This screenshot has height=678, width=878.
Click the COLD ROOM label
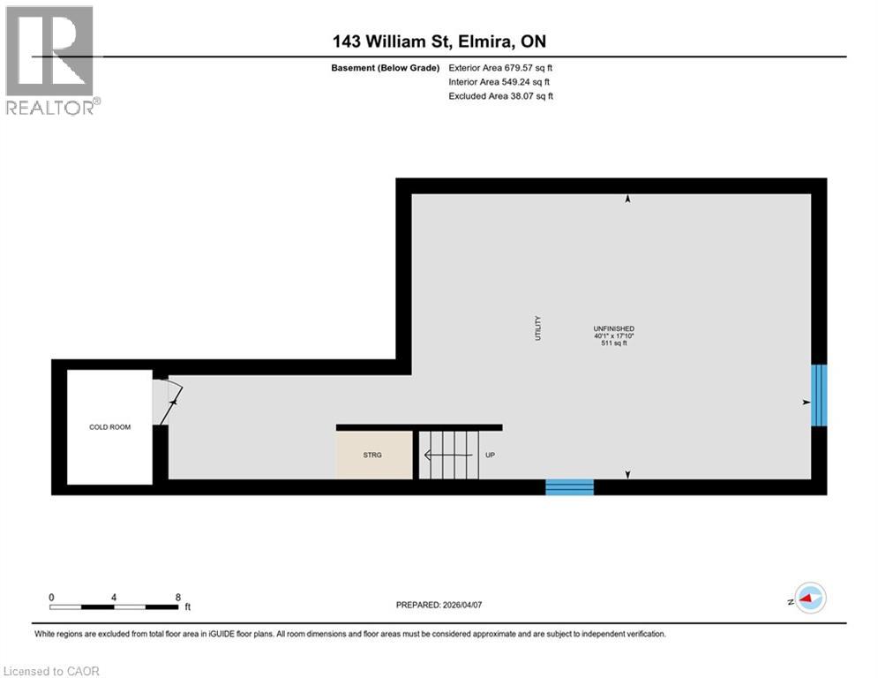point(110,427)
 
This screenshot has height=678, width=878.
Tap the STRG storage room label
point(373,456)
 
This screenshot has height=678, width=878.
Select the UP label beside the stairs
point(491,456)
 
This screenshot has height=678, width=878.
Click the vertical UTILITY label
point(537,329)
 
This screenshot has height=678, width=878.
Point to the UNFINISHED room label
point(614,328)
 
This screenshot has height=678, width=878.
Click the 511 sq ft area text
point(614,343)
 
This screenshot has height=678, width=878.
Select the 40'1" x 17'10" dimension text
point(614,335)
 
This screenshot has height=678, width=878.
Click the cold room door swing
point(168,402)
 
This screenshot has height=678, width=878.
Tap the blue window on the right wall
point(819,395)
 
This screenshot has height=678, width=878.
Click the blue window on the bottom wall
point(569,486)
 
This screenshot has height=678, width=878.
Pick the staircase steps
point(447,456)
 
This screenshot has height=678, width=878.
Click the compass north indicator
point(809,598)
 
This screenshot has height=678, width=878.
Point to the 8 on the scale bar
point(178,597)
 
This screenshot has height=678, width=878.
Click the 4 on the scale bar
point(115,597)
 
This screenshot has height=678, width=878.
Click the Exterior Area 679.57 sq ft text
point(500,67)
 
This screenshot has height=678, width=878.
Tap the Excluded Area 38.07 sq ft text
point(500,96)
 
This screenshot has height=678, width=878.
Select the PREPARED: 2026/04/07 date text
point(446,605)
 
